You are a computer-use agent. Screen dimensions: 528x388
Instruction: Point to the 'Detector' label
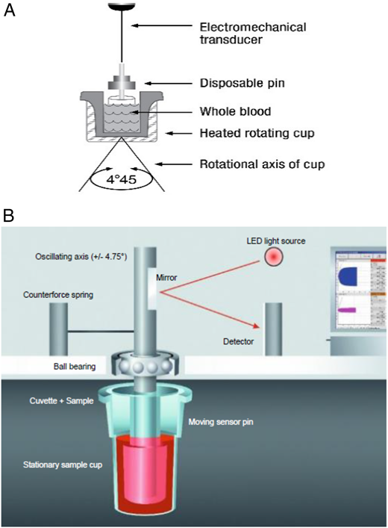[x=240, y=342]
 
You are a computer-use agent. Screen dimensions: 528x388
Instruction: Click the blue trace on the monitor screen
[x=352, y=277]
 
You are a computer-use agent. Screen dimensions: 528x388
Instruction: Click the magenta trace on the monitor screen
[x=348, y=308]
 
